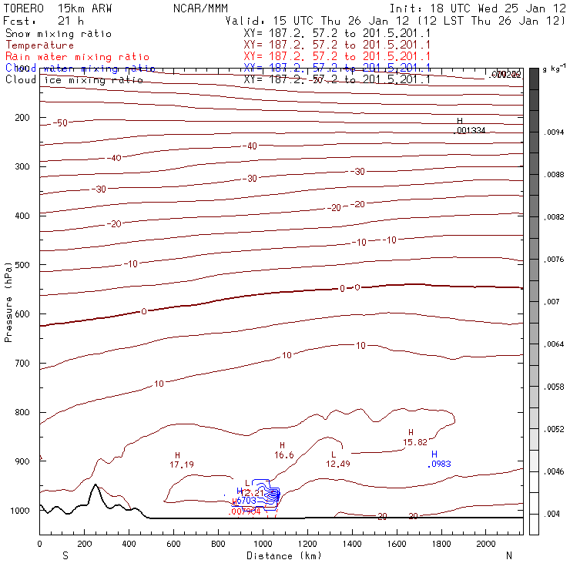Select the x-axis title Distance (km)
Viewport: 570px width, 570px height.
tap(283, 555)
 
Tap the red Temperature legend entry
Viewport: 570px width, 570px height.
tap(40, 45)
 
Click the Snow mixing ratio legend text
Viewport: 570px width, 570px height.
tap(58, 34)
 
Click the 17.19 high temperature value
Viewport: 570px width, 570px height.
tap(181, 464)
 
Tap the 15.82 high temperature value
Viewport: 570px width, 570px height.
tap(415, 442)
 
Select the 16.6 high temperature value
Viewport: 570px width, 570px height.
tap(284, 455)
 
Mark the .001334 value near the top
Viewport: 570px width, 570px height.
tap(470, 130)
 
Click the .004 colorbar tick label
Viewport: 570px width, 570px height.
tap(554, 514)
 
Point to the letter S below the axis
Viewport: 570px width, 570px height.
tap(65, 555)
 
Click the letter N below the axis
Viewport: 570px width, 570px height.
tap(508, 555)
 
